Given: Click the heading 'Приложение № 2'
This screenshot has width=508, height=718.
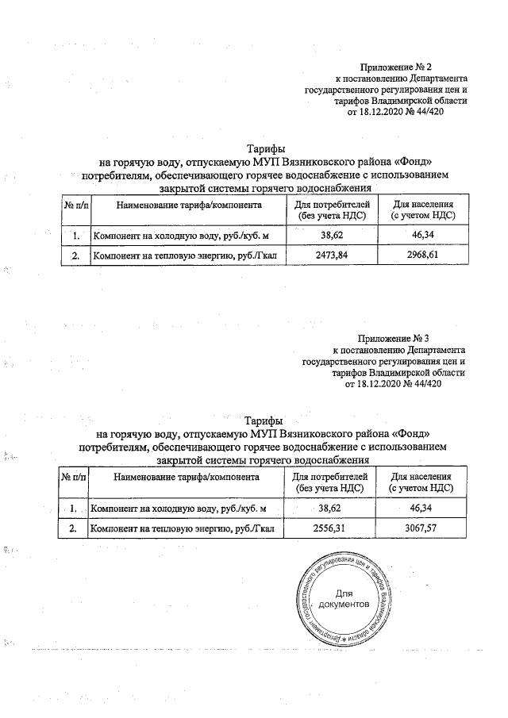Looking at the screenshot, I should click(400, 68).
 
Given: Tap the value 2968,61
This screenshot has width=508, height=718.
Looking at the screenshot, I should click(421, 256).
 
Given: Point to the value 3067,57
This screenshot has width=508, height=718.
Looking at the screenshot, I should click(421, 528).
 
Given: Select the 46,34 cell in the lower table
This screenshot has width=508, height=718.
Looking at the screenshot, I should click(421, 507).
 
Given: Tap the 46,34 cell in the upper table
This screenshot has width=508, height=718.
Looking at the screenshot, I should click(421, 236).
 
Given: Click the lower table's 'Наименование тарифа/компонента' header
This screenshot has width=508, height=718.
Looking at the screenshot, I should click(187, 477).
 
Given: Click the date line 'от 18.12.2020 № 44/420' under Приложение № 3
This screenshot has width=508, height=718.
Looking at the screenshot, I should click(394, 383).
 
